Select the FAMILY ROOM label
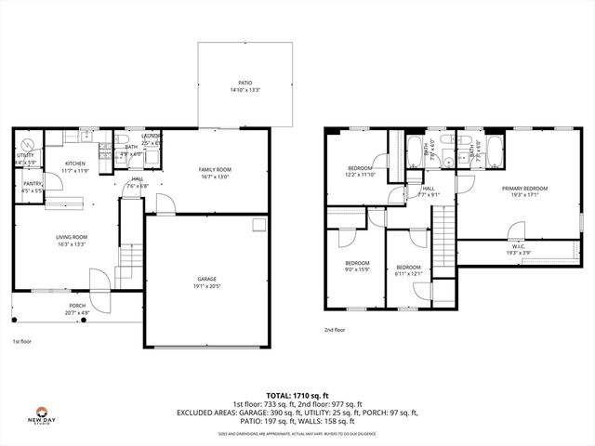(215, 169)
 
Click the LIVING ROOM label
(71, 237)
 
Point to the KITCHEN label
(75, 163)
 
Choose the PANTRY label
(32, 184)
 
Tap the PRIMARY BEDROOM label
(525, 189)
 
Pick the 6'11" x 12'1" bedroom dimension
(409, 273)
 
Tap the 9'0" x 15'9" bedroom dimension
(358, 269)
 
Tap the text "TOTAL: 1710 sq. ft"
(297, 395)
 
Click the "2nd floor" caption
(334, 330)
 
